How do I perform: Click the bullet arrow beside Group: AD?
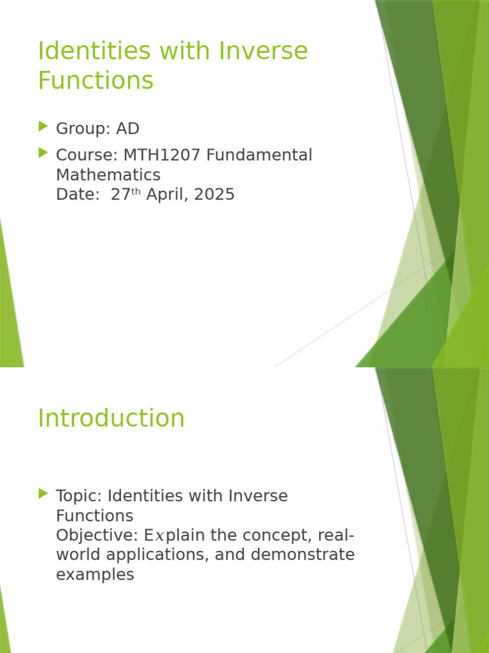pos(43,127)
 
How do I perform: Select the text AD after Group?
pos(127,129)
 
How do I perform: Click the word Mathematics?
pos(108,175)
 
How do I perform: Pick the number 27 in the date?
pos(120,194)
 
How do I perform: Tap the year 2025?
pos(215,194)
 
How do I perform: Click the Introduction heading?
pos(111,418)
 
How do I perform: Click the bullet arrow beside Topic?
pos(43,494)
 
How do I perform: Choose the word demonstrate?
pos(302,555)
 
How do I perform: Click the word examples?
pos(95,575)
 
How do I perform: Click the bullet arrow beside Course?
pos(43,153)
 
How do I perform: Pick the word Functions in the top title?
pos(96,81)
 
